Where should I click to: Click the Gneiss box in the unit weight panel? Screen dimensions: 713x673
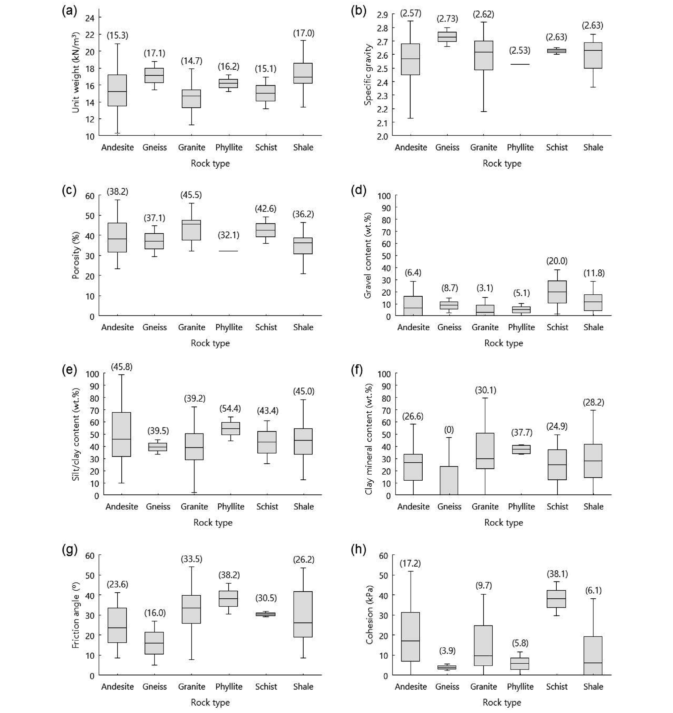pyautogui.click(x=154, y=75)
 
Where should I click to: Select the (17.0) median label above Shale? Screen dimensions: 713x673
pyautogui.click(x=304, y=34)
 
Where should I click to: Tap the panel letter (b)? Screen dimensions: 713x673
pyautogui.click(x=358, y=11)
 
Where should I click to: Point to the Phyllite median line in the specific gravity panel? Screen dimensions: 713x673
pyautogui.click(x=520, y=64)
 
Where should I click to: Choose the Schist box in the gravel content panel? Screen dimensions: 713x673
pyautogui.click(x=557, y=292)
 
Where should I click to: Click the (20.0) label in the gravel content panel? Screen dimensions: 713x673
pyautogui.click(x=557, y=261)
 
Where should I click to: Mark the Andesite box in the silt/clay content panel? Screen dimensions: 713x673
pyautogui.click(x=122, y=434)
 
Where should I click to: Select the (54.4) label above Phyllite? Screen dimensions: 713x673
pyautogui.click(x=230, y=408)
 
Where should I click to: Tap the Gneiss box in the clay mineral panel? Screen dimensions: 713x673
pyautogui.click(x=449, y=480)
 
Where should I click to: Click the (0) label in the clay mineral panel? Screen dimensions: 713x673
pyautogui.click(x=449, y=429)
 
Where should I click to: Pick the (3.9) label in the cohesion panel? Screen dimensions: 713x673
pyautogui.click(x=447, y=651)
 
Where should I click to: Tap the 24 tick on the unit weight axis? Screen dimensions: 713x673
pyautogui.click(x=90, y=18)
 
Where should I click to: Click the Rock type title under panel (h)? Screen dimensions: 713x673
pyautogui.click(x=502, y=702)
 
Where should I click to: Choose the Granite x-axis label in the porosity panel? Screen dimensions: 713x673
pyautogui.click(x=192, y=327)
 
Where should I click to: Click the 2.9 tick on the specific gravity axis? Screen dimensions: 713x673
pyautogui.click(x=382, y=15)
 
